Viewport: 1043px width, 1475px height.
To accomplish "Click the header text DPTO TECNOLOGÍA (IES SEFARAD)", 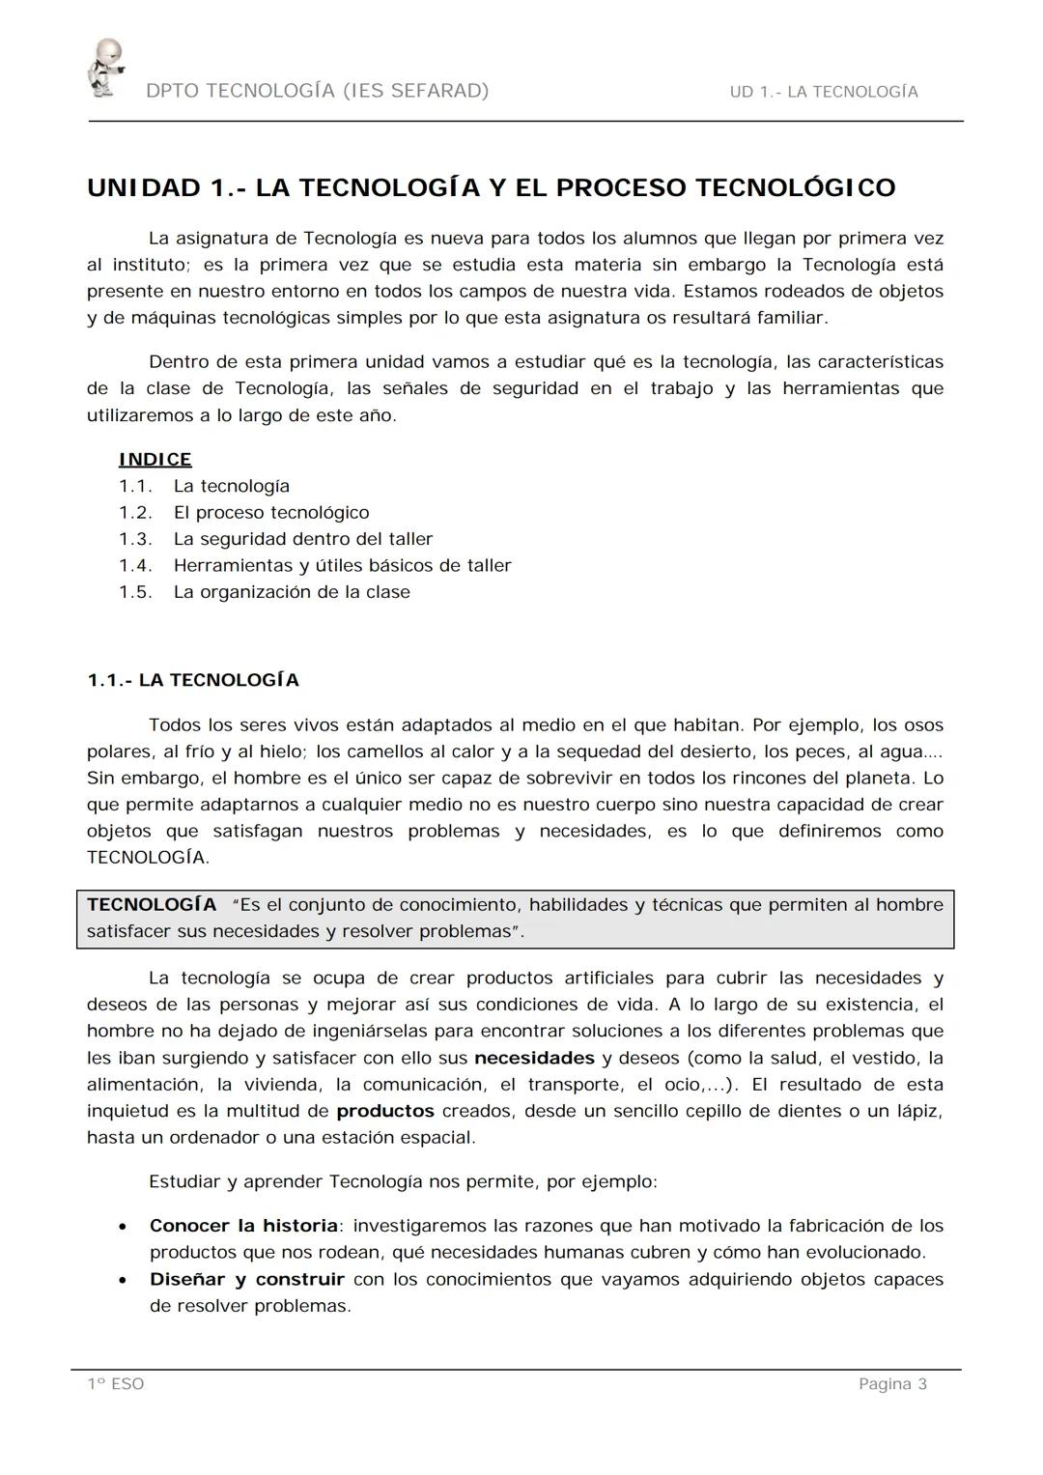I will pos(318,91).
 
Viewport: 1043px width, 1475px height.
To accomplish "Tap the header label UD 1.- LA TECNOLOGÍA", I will pos(824,92).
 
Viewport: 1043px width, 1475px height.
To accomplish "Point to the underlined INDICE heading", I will pos(155,460).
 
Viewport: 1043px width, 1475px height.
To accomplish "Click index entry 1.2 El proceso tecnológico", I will pos(271,513).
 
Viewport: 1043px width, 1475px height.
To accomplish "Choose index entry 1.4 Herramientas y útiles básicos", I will pos(342,566).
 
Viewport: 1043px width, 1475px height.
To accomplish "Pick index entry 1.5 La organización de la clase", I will pos(292,592).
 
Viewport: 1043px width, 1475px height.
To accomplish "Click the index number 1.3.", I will pos(135,539).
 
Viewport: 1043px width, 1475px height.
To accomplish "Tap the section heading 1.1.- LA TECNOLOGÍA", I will pos(193,681).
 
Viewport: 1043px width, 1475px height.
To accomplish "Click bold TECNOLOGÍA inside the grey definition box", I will pos(152,905).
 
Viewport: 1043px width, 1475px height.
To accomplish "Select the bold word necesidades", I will pos(534,1058).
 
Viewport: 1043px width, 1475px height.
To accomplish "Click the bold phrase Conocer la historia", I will pos(243,1226).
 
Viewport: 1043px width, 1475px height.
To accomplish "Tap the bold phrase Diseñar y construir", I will pos(246,1279).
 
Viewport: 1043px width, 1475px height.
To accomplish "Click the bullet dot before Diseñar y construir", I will pos(122,1281).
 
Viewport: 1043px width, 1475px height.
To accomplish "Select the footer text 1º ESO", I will pos(116,1384).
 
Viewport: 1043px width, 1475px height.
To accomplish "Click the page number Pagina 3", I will pos(892,1384).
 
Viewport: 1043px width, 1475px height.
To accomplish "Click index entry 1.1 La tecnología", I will pos(232,487).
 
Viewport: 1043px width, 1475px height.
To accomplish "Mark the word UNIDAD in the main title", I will pos(144,187).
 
